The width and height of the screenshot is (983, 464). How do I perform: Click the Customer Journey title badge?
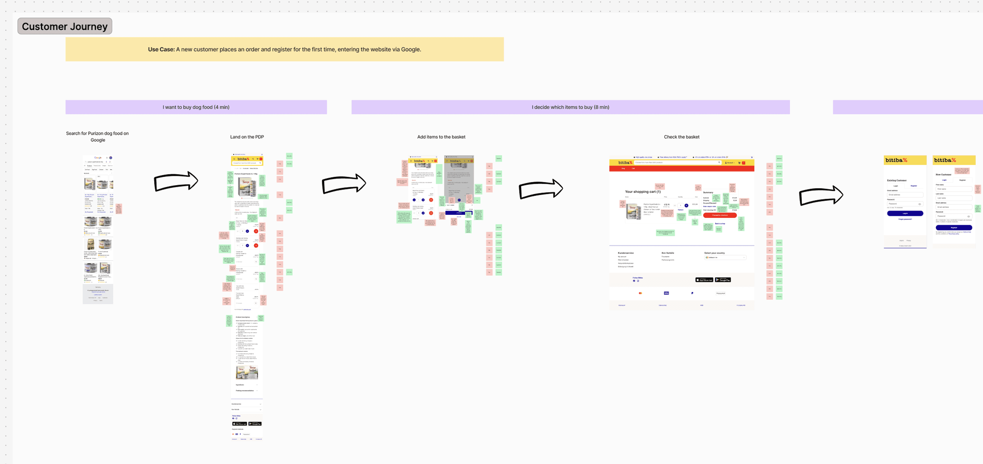[64, 26]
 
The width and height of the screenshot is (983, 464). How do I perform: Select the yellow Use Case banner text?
[284, 49]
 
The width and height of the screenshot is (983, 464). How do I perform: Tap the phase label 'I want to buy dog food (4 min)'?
[196, 107]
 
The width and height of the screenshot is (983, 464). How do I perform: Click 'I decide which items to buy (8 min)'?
[570, 107]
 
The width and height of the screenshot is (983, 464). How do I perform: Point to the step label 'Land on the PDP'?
[247, 137]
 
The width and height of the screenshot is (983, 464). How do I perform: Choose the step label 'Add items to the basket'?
[441, 137]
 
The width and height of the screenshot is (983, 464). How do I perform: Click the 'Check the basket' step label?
[681, 137]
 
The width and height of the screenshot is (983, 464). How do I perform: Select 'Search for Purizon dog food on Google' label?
[97, 137]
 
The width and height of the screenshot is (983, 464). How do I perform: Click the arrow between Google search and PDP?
[176, 181]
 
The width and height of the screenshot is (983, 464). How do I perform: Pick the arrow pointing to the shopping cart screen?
[541, 189]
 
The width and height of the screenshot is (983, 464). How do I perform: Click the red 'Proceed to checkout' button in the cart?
[719, 216]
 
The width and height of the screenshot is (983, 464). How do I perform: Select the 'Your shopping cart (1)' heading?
[642, 192]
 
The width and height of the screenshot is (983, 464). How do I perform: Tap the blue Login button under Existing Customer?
[905, 213]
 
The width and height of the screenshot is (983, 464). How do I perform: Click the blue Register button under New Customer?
[954, 227]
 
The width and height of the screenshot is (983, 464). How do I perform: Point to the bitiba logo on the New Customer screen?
[945, 160]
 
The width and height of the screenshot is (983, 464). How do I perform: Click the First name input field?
[954, 189]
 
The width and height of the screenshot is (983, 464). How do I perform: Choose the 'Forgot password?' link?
[905, 219]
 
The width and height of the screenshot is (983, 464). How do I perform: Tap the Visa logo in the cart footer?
[666, 293]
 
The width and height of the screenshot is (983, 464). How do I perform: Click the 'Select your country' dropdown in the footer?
[725, 258]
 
